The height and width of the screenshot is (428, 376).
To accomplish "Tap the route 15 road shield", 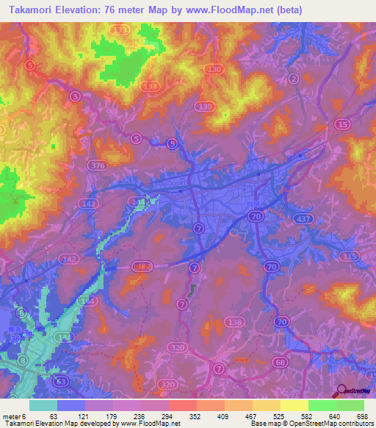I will click(343, 125).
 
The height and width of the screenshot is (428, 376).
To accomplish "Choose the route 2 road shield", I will click(294, 79).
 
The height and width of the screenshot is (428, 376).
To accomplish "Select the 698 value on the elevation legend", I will click(361, 415).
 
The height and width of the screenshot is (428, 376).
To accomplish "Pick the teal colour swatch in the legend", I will click(43, 405).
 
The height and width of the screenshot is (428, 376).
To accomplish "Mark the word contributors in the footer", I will click(352, 424).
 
